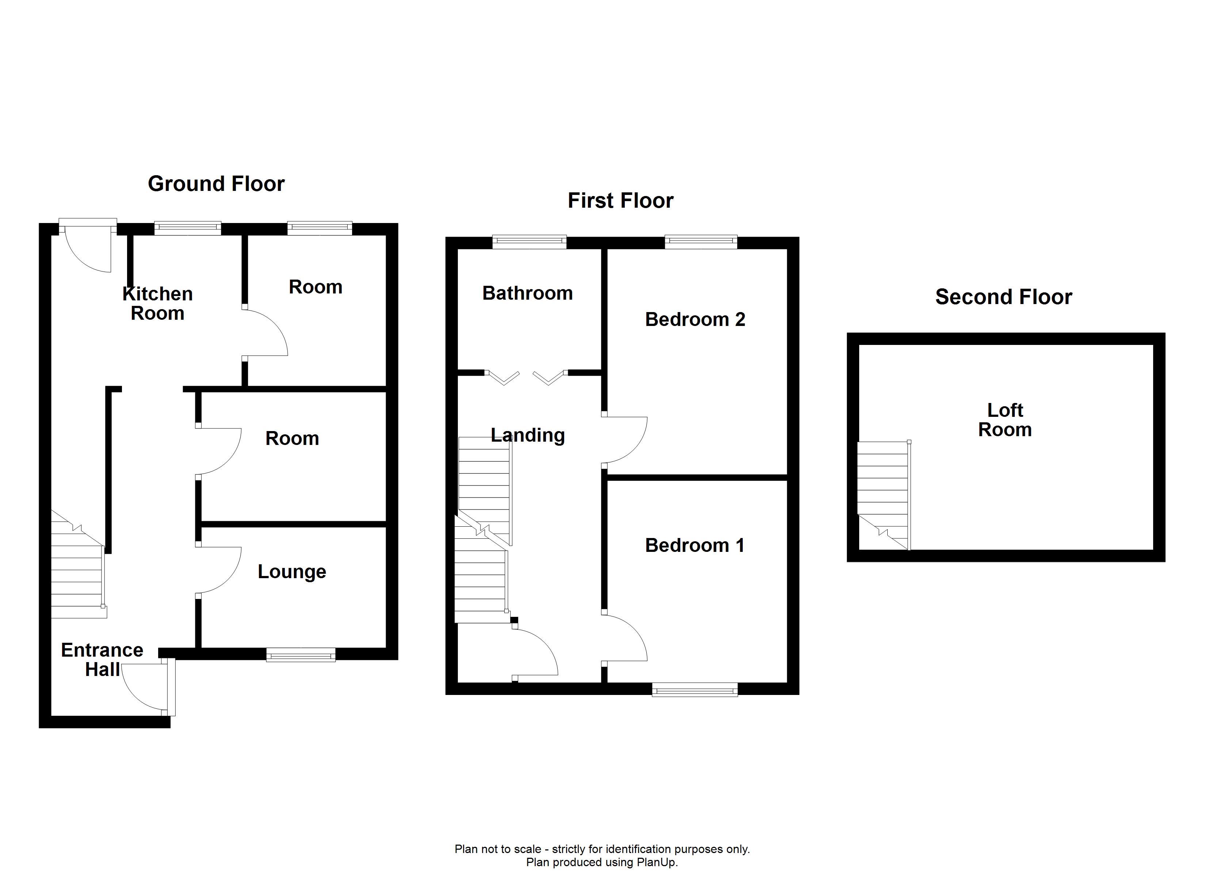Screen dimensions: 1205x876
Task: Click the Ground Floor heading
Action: (x=216, y=184)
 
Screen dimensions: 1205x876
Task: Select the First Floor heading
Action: (x=620, y=201)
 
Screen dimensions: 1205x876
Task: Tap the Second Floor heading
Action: (x=1004, y=297)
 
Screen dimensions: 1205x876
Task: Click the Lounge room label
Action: (x=292, y=572)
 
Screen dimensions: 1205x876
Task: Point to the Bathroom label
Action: (x=528, y=293)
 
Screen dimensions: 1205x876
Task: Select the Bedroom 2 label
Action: (x=695, y=319)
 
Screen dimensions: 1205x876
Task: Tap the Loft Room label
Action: (x=1005, y=420)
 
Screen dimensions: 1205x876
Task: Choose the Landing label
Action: (x=528, y=435)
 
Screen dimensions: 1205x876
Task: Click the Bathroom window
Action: (x=529, y=242)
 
